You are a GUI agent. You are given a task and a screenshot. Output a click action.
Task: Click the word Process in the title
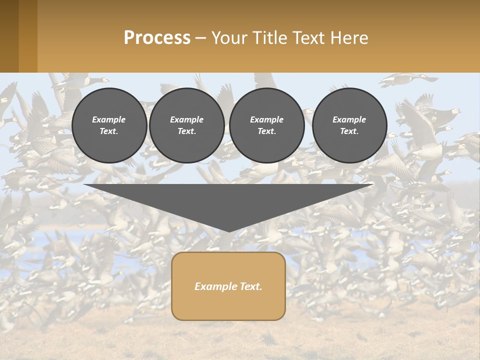pos(157,38)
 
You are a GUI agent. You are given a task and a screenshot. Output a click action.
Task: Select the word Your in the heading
pos(228,38)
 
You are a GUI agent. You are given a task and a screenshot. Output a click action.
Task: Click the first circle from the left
pos(109,125)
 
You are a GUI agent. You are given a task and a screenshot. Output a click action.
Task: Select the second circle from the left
pos(186,125)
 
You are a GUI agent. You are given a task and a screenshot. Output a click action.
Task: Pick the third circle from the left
pos(266,125)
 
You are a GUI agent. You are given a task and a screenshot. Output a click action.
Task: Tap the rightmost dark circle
pos(349,125)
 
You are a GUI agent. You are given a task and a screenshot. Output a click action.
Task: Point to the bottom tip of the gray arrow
pos(229,231)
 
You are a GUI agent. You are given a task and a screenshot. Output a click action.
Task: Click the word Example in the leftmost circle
pos(109,119)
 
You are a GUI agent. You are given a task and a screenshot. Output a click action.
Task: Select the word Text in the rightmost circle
pos(349,131)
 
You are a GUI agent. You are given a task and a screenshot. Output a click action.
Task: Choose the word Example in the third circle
pos(266,119)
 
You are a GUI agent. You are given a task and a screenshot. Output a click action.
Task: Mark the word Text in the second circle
pos(186,131)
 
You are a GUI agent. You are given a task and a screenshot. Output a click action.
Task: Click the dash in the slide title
pos(200,38)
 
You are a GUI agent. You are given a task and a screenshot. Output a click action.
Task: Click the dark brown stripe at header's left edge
pos(9,36)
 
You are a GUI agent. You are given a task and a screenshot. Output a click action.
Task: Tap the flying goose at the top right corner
pos(407,79)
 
